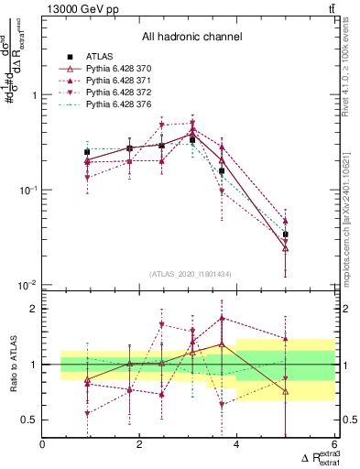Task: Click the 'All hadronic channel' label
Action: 191,38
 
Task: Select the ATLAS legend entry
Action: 101,56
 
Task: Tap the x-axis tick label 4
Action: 236,445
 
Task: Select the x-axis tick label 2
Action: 139,445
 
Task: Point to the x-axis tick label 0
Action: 43,445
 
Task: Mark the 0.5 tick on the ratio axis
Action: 30,420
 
